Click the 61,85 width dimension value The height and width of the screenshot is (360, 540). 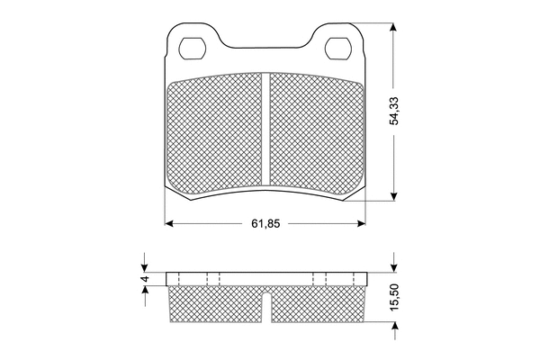click(x=265, y=224)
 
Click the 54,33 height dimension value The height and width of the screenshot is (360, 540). click(x=393, y=111)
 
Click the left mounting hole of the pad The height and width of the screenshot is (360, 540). click(x=193, y=48)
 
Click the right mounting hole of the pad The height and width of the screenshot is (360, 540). click(x=338, y=48)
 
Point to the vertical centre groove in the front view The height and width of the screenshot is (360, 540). click(x=265, y=130)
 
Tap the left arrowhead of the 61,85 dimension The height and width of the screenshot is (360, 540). click(x=169, y=224)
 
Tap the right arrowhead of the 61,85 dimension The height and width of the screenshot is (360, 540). click(x=361, y=224)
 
